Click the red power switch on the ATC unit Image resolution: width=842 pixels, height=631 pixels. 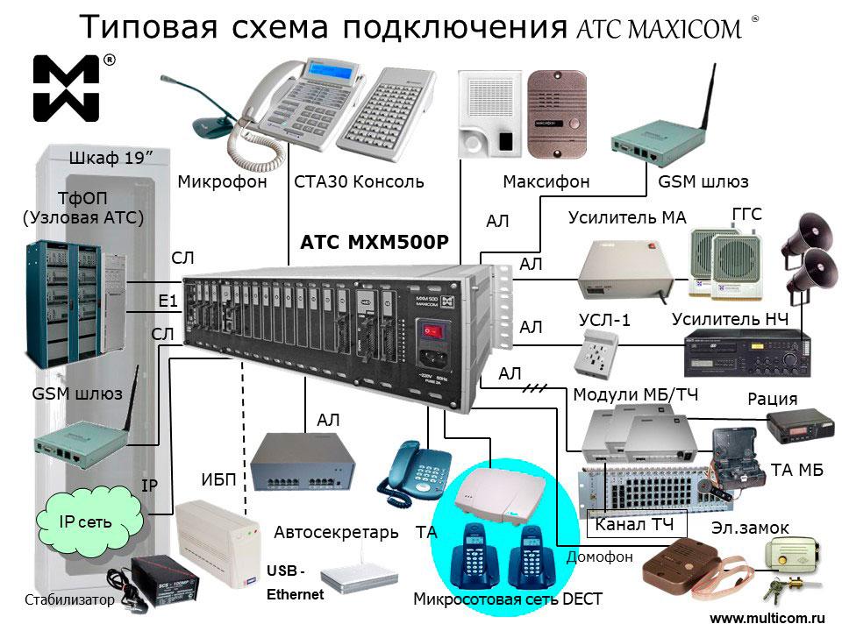pyautogui.click(x=429, y=332)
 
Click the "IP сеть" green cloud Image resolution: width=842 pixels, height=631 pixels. pyautogui.click(x=85, y=521)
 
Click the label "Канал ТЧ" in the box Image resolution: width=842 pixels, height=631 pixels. pyautogui.click(x=634, y=526)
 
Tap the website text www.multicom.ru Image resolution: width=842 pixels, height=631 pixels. pyautogui.click(x=767, y=617)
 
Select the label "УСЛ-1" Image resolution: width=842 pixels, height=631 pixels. pyautogui.click(x=605, y=320)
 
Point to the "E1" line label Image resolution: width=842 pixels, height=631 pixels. pyautogui.click(x=168, y=301)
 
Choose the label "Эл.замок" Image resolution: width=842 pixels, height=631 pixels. pyautogui.click(x=750, y=528)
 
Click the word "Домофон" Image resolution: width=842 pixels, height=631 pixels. pyautogui.click(x=599, y=557)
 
